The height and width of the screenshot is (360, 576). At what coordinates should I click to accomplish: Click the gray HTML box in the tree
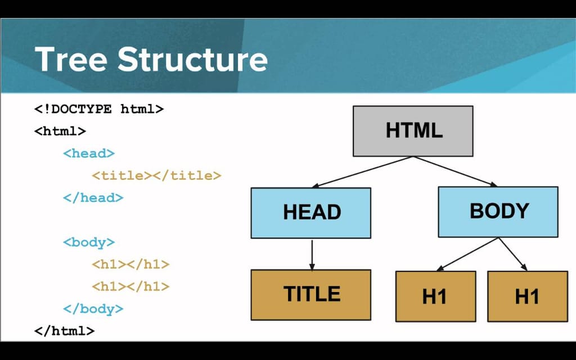413,131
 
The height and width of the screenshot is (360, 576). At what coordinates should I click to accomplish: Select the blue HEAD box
310,213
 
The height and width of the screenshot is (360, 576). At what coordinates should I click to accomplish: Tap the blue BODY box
498,211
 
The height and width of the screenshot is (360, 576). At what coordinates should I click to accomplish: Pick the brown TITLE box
310,295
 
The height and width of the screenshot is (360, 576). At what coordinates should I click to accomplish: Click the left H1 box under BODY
435,296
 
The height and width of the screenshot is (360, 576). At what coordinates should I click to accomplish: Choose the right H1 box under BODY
527,296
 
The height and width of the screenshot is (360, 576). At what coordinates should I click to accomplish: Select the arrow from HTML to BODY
456,171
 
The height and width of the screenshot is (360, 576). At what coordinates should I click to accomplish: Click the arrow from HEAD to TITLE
311,254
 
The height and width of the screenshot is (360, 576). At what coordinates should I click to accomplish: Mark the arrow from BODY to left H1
469,254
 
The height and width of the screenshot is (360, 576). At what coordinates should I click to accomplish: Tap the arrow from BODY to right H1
513,254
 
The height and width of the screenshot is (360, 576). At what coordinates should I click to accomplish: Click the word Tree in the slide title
71,58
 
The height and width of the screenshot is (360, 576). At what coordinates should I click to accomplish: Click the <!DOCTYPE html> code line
99,109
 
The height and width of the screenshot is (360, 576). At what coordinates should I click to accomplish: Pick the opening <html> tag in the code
60,131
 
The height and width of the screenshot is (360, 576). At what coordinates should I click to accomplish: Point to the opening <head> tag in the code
89,153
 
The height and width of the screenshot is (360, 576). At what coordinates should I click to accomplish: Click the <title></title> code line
156,175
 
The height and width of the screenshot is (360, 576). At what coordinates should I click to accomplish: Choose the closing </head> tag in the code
93,197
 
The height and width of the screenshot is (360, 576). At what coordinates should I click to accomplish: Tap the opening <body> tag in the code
89,242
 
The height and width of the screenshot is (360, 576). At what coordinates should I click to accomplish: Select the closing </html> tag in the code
64,331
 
